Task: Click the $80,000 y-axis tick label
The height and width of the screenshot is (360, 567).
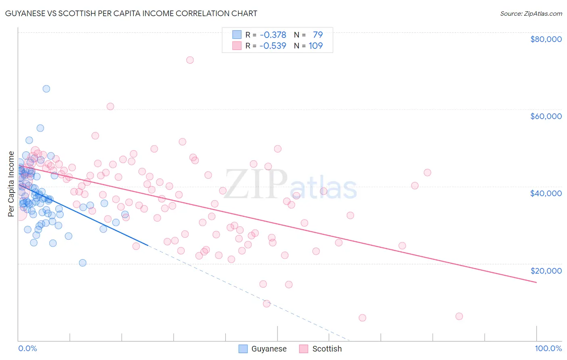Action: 546,39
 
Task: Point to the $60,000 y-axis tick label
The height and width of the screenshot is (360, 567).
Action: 546,116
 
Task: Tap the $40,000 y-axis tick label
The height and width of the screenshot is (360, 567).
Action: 546,193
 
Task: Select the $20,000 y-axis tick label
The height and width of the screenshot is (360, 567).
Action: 546,270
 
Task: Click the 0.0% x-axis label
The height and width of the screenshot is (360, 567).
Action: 27,349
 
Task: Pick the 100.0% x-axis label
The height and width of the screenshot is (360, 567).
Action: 548,349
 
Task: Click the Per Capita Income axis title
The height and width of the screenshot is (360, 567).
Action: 11,184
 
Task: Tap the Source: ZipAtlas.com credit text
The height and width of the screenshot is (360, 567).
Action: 531,13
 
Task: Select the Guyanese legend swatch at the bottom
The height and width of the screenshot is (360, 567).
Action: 243,349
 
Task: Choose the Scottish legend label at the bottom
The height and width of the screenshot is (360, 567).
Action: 327,349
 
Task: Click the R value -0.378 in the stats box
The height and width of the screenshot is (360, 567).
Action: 273,35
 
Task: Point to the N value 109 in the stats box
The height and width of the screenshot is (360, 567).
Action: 316,46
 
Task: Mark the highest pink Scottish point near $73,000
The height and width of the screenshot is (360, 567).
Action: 190,60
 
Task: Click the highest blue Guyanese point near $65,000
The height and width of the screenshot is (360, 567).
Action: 46,89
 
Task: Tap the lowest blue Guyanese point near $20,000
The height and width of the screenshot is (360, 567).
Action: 83,263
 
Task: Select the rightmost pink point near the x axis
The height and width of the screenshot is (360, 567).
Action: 459,316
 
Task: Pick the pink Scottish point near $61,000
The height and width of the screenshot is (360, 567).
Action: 110,107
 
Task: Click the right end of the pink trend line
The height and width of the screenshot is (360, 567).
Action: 536,283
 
